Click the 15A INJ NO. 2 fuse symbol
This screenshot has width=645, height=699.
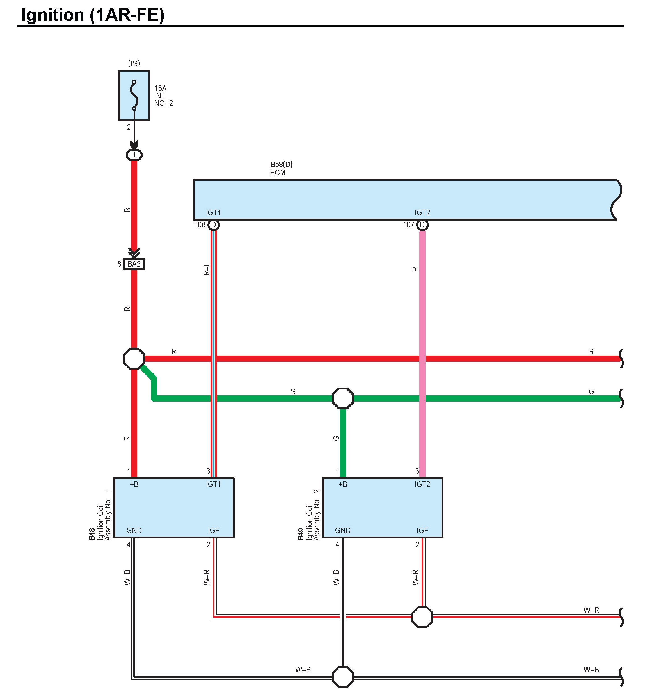point(134,95)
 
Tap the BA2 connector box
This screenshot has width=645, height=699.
point(134,264)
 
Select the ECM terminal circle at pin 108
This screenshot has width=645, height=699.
point(214,225)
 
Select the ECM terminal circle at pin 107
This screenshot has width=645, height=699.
point(422,225)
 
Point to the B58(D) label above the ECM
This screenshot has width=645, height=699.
point(281,164)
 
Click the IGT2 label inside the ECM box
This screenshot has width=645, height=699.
point(422,212)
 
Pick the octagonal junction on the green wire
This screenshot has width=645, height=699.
point(343,398)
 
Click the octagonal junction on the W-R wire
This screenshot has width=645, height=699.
point(422,617)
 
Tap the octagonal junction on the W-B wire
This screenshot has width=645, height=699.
point(343,677)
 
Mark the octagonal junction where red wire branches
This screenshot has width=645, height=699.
point(134,358)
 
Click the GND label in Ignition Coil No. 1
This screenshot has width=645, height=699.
point(134,530)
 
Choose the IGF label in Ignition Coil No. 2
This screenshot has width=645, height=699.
point(422,530)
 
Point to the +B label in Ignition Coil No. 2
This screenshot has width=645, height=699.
point(343,484)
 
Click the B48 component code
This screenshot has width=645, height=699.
point(92,534)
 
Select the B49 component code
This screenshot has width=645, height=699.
point(301,534)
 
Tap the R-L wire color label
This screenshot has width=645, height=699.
point(207,269)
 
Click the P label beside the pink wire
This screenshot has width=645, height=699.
point(415,269)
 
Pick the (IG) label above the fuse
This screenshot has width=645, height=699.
point(134,63)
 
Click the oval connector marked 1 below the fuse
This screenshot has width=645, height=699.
point(134,155)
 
